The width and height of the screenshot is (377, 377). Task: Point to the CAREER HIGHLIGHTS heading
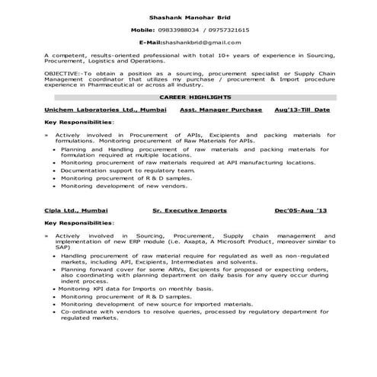pos(188,99)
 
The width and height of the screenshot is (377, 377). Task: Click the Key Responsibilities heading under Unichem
pos(78,122)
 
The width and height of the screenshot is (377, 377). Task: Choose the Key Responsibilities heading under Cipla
pos(78,224)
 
